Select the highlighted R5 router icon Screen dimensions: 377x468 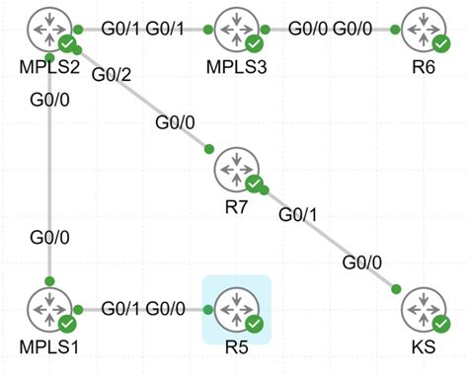(236, 308)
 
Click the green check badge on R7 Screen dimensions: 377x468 (254, 184)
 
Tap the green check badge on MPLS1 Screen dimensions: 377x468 (67, 324)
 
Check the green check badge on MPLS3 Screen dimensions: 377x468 (254, 44)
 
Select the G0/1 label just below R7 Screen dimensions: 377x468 (297, 213)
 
